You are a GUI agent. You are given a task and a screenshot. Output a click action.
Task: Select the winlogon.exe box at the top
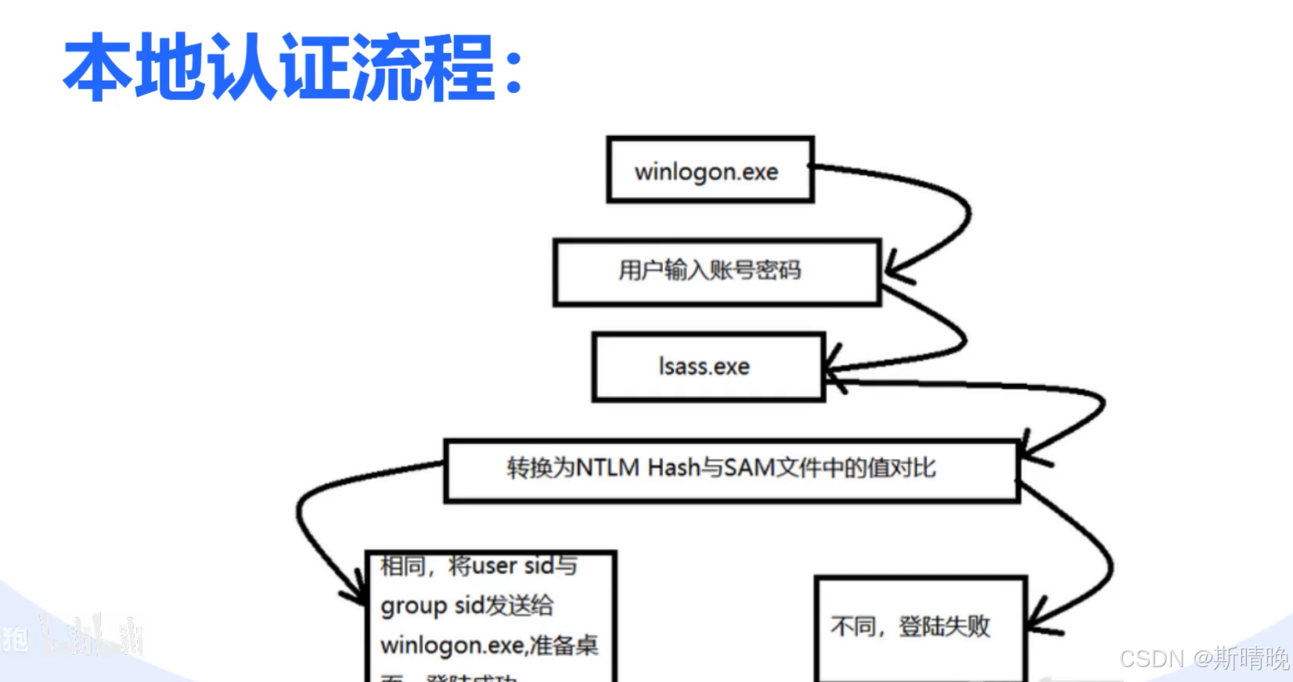[709, 170]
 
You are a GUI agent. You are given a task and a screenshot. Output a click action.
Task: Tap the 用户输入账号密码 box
[716, 271]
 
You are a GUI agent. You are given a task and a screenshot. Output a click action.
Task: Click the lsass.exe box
[708, 367]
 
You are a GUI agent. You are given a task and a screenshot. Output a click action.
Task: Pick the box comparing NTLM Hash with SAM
[731, 469]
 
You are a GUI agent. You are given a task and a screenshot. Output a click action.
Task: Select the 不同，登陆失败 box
[920, 627]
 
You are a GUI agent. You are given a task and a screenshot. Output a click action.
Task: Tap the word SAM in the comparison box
[749, 468]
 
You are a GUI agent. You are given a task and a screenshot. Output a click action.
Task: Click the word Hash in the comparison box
[674, 468]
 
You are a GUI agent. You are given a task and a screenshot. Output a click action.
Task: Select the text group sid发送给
[466, 605]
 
